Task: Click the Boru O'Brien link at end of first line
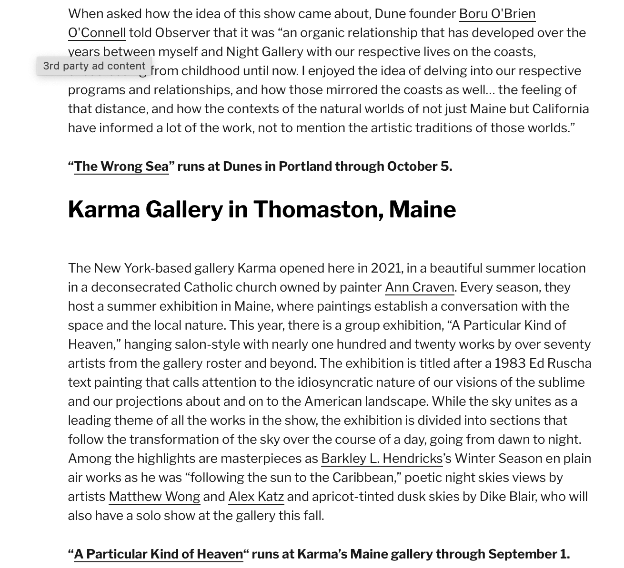497,14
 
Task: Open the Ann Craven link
419,287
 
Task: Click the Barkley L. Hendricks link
382,459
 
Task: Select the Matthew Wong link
154,497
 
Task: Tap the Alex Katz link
256,497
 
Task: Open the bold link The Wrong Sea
121,166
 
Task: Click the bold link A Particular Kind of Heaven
159,554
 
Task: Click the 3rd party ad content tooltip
94,66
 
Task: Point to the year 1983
510,363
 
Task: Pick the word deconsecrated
136,287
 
